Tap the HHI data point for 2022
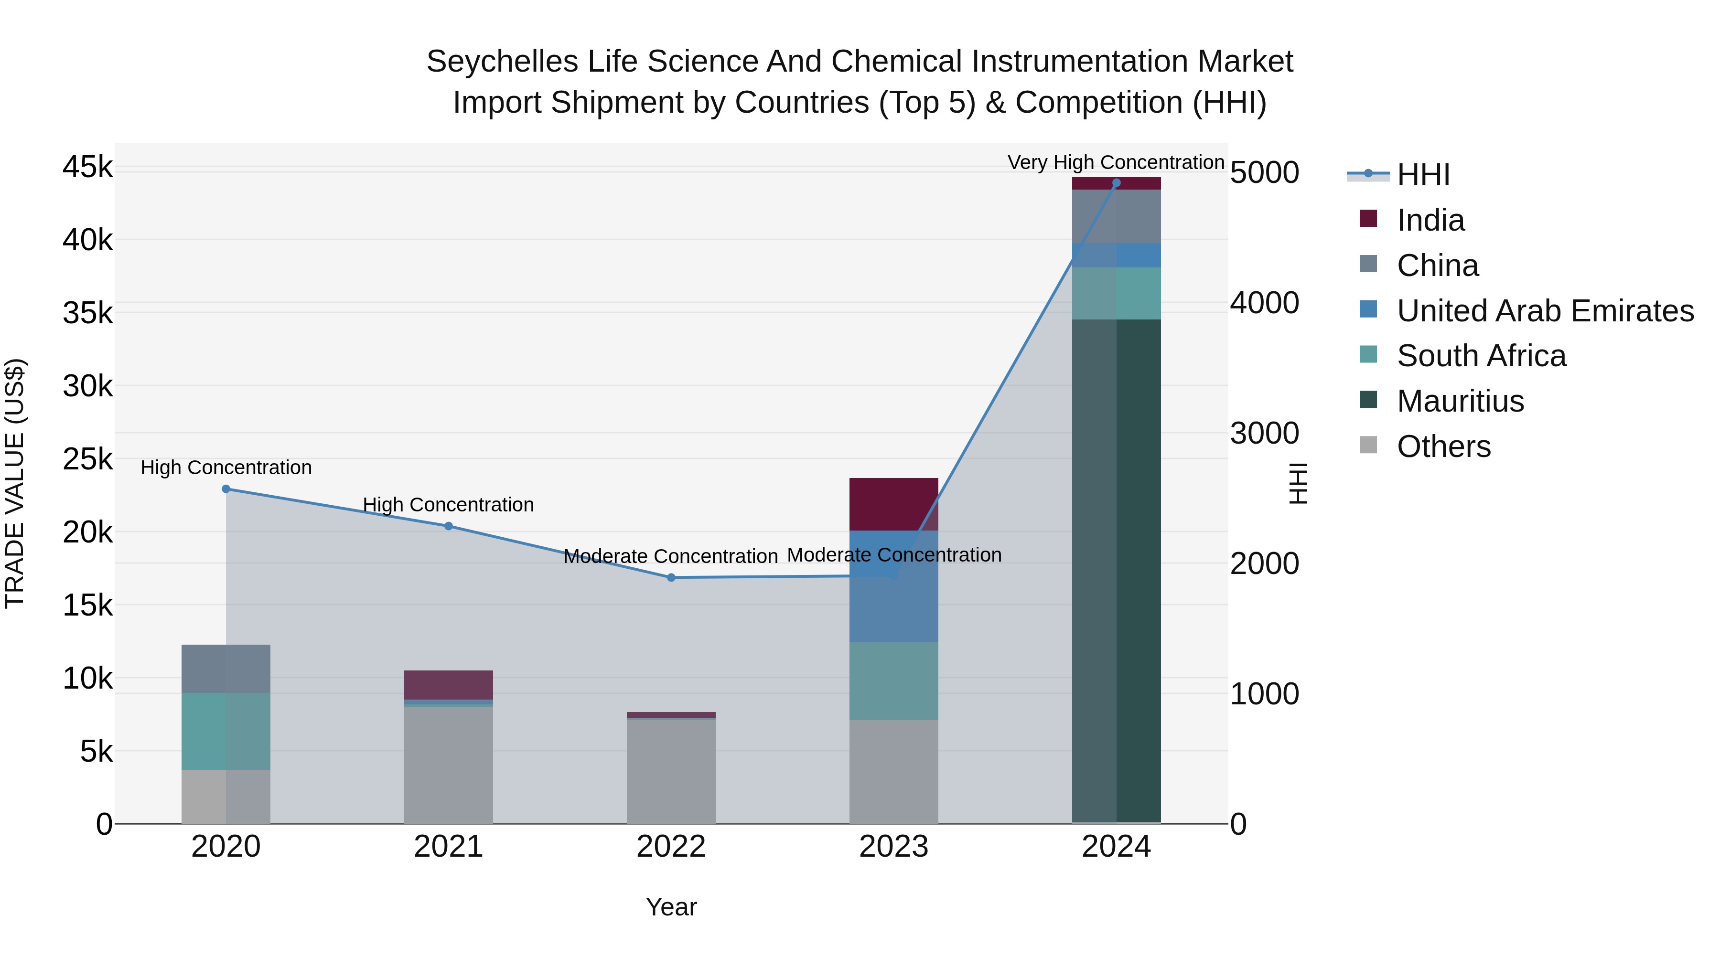coord(671,577)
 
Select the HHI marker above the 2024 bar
coord(1117,183)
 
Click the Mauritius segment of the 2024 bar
coord(1117,571)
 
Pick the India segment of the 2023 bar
coord(893,504)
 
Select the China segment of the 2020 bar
coord(226,669)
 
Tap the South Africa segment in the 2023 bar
coord(893,680)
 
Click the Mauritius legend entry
coord(1460,401)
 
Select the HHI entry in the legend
coord(1422,175)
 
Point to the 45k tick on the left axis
coord(87,167)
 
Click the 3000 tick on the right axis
coord(1264,433)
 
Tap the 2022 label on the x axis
coord(671,847)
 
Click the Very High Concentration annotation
coord(1116,162)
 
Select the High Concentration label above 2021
coord(448,505)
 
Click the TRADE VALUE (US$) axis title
coord(15,483)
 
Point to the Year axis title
coord(671,907)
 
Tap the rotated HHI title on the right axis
coord(1297,483)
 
